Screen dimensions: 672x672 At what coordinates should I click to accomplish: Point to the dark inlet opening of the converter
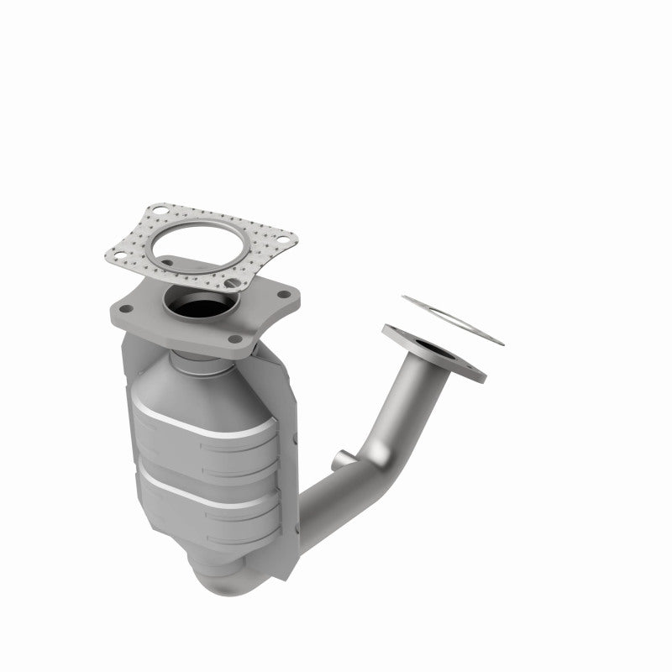pos(199,307)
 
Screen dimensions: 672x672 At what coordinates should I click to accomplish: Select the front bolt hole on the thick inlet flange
pos(236,339)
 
